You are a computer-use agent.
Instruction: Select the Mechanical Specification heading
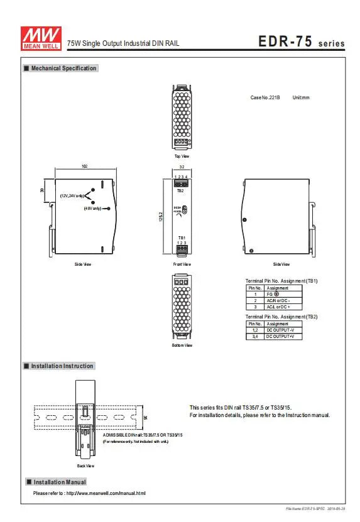coord(63,68)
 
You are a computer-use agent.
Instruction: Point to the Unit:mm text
coord(301,98)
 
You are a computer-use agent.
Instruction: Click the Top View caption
coord(182,156)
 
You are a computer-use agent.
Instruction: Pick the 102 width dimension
coord(84,166)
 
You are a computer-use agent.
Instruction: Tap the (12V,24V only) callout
coord(72,197)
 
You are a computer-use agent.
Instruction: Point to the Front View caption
coord(182,264)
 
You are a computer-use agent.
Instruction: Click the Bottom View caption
coord(182,345)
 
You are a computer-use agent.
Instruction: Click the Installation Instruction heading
coord(62,366)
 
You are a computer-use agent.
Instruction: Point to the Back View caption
coord(85,465)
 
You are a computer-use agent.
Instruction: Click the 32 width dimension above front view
coord(181,167)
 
